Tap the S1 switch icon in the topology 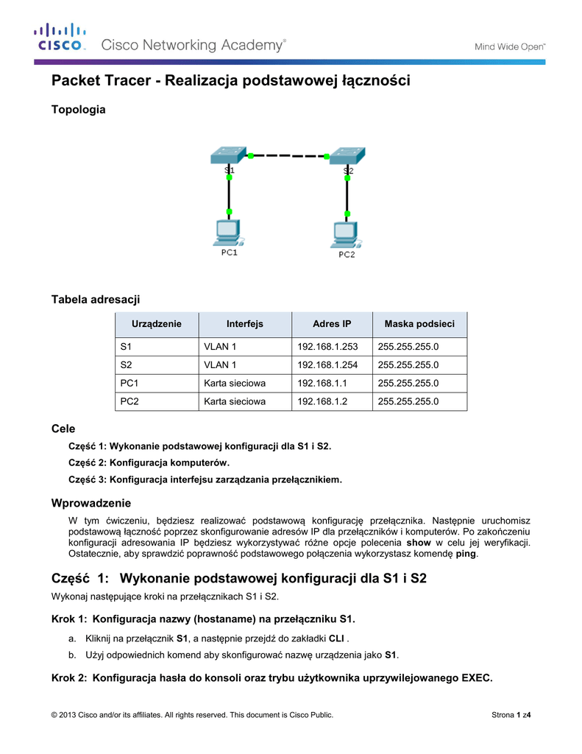pyautogui.click(x=227, y=155)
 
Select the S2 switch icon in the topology pyautogui.click(x=346, y=156)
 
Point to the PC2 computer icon pyautogui.click(x=346, y=235)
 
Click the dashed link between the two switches pyautogui.click(x=287, y=156)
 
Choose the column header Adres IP pyautogui.click(x=332, y=324)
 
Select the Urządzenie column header pyautogui.click(x=156, y=324)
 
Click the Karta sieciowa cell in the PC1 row pyautogui.click(x=235, y=383)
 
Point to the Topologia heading pyautogui.click(x=78, y=110)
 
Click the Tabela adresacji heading pyautogui.click(x=95, y=299)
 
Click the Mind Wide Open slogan pyautogui.click(x=508, y=46)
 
